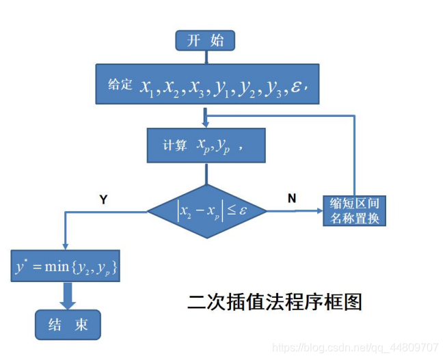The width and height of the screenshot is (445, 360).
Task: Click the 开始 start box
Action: tap(205, 40)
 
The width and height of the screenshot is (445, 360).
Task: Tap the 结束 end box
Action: tap(68, 324)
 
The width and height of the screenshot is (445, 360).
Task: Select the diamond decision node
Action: tap(206, 211)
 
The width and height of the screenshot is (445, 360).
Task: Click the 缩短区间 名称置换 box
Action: tap(355, 210)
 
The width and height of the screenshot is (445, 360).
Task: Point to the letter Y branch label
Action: tap(103, 199)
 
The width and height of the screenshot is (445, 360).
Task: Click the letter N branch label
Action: tap(292, 198)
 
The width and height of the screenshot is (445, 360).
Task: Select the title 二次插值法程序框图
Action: tap(275, 301)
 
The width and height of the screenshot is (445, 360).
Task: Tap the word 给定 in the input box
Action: tap(120, 85)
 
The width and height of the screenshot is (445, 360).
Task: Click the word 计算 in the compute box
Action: tap(174, 145)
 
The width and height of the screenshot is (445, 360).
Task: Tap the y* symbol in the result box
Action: tap(21, 266)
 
